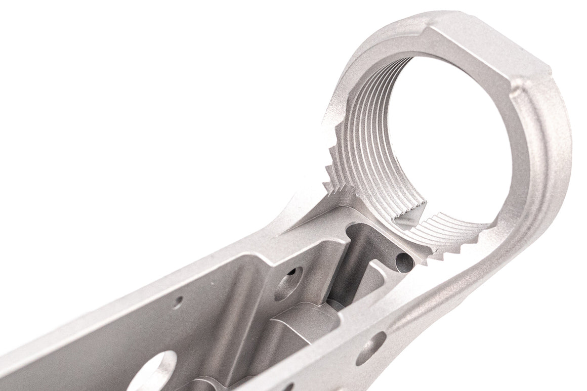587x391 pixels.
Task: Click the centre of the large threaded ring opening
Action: [445, 142]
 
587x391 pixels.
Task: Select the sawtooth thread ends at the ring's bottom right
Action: [455, 243]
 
